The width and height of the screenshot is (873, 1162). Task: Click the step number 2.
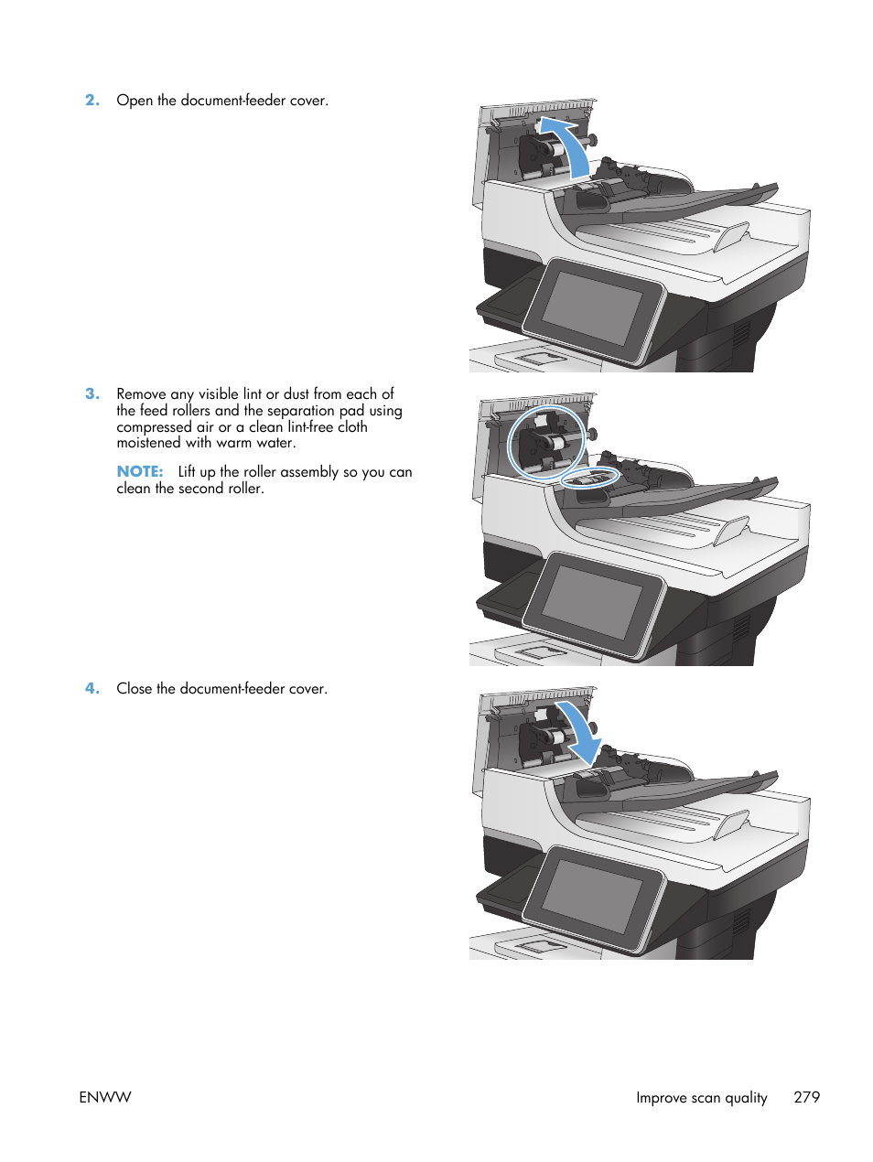click(92, 101)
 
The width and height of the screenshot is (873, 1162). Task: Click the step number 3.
click(92, 394)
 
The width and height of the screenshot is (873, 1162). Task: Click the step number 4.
click(92, 689)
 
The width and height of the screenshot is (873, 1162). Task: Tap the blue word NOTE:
click(139, 472)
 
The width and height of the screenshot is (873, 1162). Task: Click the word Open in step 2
click(135, 101)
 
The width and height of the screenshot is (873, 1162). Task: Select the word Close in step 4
click(135, 689)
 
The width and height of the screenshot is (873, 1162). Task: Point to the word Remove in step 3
click(141, 394)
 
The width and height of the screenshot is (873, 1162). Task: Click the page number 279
click(806, 1097)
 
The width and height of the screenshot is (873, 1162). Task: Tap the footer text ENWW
click(105, 1097)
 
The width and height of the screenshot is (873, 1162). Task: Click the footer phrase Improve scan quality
click(701, 1097)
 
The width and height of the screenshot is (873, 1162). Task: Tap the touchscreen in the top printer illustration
click(593, 308)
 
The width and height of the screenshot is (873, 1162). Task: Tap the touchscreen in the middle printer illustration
click(593, 602)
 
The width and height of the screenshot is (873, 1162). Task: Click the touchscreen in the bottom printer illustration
click(593, 896)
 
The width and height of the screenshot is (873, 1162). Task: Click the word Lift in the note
click(187, 472)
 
